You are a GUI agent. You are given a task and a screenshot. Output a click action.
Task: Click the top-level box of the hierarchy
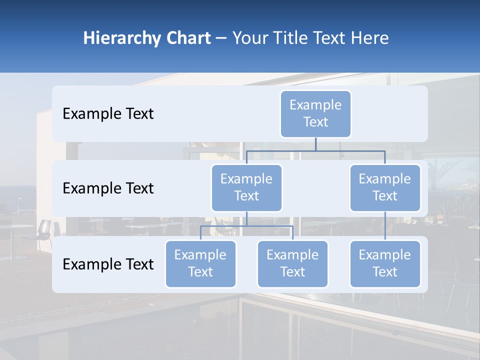tap(315, 113)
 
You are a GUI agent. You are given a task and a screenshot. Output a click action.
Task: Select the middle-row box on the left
tap(246, 187)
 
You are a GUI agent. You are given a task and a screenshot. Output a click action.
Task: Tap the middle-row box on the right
tap(385, 187)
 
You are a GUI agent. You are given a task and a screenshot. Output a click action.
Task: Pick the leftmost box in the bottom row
tap(200, 263)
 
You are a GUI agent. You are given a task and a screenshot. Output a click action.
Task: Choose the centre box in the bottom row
tap(292, 263)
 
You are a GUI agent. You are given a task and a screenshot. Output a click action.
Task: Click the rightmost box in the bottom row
tap(385, 263)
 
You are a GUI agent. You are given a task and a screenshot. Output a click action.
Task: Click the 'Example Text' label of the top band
tap(108, 113)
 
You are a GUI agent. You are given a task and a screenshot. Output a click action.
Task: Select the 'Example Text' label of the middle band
tap(108, 188)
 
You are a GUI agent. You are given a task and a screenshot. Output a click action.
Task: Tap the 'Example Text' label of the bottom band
tap(108, 264)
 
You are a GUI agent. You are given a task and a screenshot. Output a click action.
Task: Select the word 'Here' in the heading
tap(370, 38)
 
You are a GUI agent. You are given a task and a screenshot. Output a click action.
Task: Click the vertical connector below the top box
tap(315, 144)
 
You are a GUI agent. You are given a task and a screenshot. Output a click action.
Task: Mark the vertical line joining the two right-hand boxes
tap(385, 225)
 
